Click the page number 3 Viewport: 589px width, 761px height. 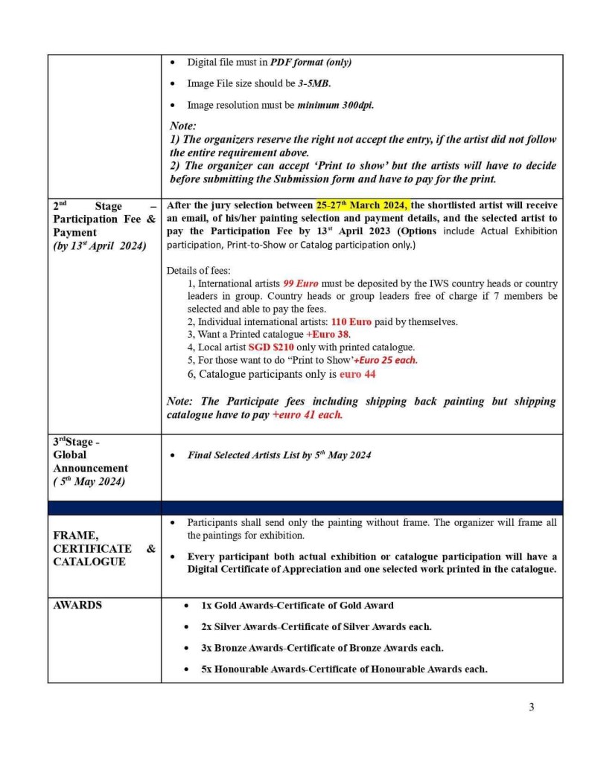coord(531,707)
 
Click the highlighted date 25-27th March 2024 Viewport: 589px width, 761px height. coord(361,205)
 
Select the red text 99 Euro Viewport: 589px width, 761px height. coord(301,284)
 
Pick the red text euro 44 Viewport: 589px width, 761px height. coord(357,374)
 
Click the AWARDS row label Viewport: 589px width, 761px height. coord(77,606)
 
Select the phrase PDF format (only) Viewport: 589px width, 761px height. coord(311,62)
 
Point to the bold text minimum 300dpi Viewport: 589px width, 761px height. coord(336,105)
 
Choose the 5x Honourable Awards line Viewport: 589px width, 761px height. coord(344,669)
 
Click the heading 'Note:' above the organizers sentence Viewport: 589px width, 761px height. coord(183,126)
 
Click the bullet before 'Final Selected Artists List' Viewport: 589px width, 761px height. coord(173,455)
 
